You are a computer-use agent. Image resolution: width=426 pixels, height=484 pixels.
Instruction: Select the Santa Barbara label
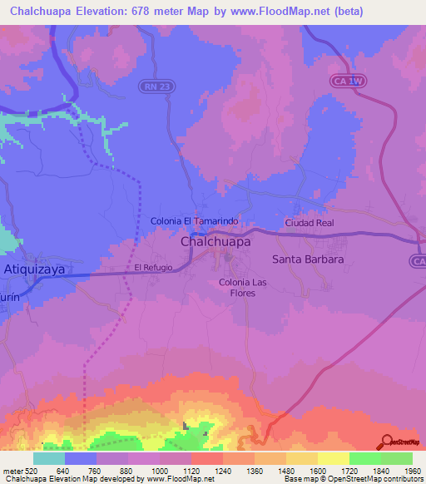pos(308,259)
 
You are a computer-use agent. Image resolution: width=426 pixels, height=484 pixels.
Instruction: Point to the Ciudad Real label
pos(309,224)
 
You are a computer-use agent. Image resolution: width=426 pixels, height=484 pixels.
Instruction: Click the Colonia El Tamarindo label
pos(195,220)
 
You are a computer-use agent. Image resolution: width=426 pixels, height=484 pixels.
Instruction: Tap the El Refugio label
pos(153,268)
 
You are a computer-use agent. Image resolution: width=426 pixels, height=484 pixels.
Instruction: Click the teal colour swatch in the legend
pos(49,458)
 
